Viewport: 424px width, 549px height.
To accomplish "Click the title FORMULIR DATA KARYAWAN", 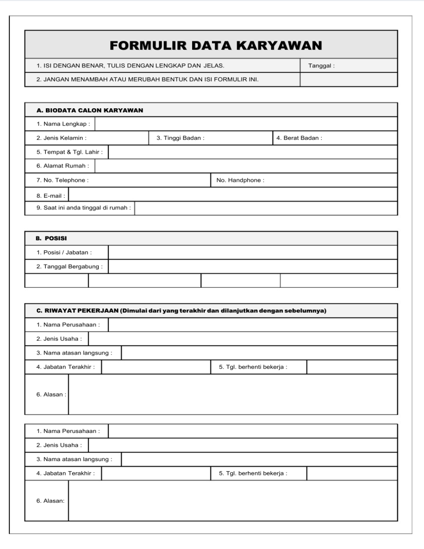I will pos(216,45).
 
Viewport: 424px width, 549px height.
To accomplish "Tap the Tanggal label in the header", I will pos(321,66).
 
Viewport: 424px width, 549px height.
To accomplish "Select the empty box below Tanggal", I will pos(348,80).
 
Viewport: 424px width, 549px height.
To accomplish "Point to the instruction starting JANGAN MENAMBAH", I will pos(147,80).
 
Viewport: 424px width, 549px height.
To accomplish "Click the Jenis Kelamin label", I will pos(61,138).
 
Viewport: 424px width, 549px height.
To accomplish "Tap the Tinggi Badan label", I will pos(181,138).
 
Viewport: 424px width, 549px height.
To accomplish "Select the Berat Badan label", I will pos(299,138).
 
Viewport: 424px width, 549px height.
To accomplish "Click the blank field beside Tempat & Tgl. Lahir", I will pos(253,152).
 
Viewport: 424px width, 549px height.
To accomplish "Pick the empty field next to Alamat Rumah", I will pos(246,166).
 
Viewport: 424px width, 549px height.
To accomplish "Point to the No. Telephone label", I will pos(62,180).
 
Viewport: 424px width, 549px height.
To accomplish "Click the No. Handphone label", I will pos(240,180).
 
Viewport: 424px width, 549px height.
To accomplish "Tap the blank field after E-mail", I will pos(232,194).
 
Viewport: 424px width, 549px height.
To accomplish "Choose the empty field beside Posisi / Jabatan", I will pos(253,252).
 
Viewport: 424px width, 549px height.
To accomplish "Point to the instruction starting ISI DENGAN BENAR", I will pos(130,66).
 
